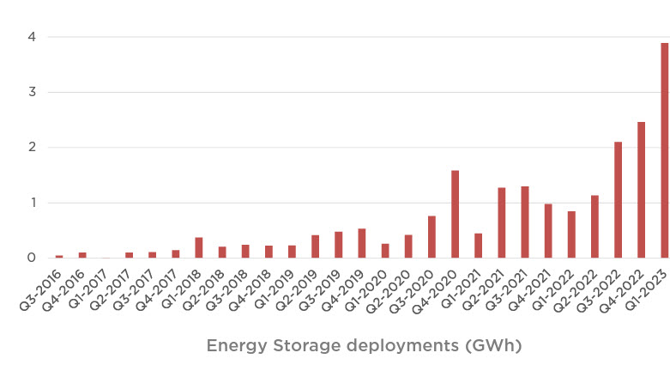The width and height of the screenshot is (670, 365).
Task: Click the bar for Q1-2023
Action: coord(664,150)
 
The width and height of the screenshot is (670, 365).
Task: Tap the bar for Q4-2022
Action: coord(641,190)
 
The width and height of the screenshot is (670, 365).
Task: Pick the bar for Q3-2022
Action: coord(618,200)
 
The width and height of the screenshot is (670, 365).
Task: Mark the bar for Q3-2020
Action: coord(432,237)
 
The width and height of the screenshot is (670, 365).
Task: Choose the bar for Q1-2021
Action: coord(478,246)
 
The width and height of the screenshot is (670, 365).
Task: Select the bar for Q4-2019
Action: coord(361,243)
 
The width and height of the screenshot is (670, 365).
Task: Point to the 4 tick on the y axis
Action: coord(31,37)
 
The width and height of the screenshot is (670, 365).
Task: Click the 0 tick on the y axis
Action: coord(31,258)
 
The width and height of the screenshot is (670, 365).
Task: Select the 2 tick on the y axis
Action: coord(31,148)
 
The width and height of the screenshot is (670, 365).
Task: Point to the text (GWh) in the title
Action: coord(491,346)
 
